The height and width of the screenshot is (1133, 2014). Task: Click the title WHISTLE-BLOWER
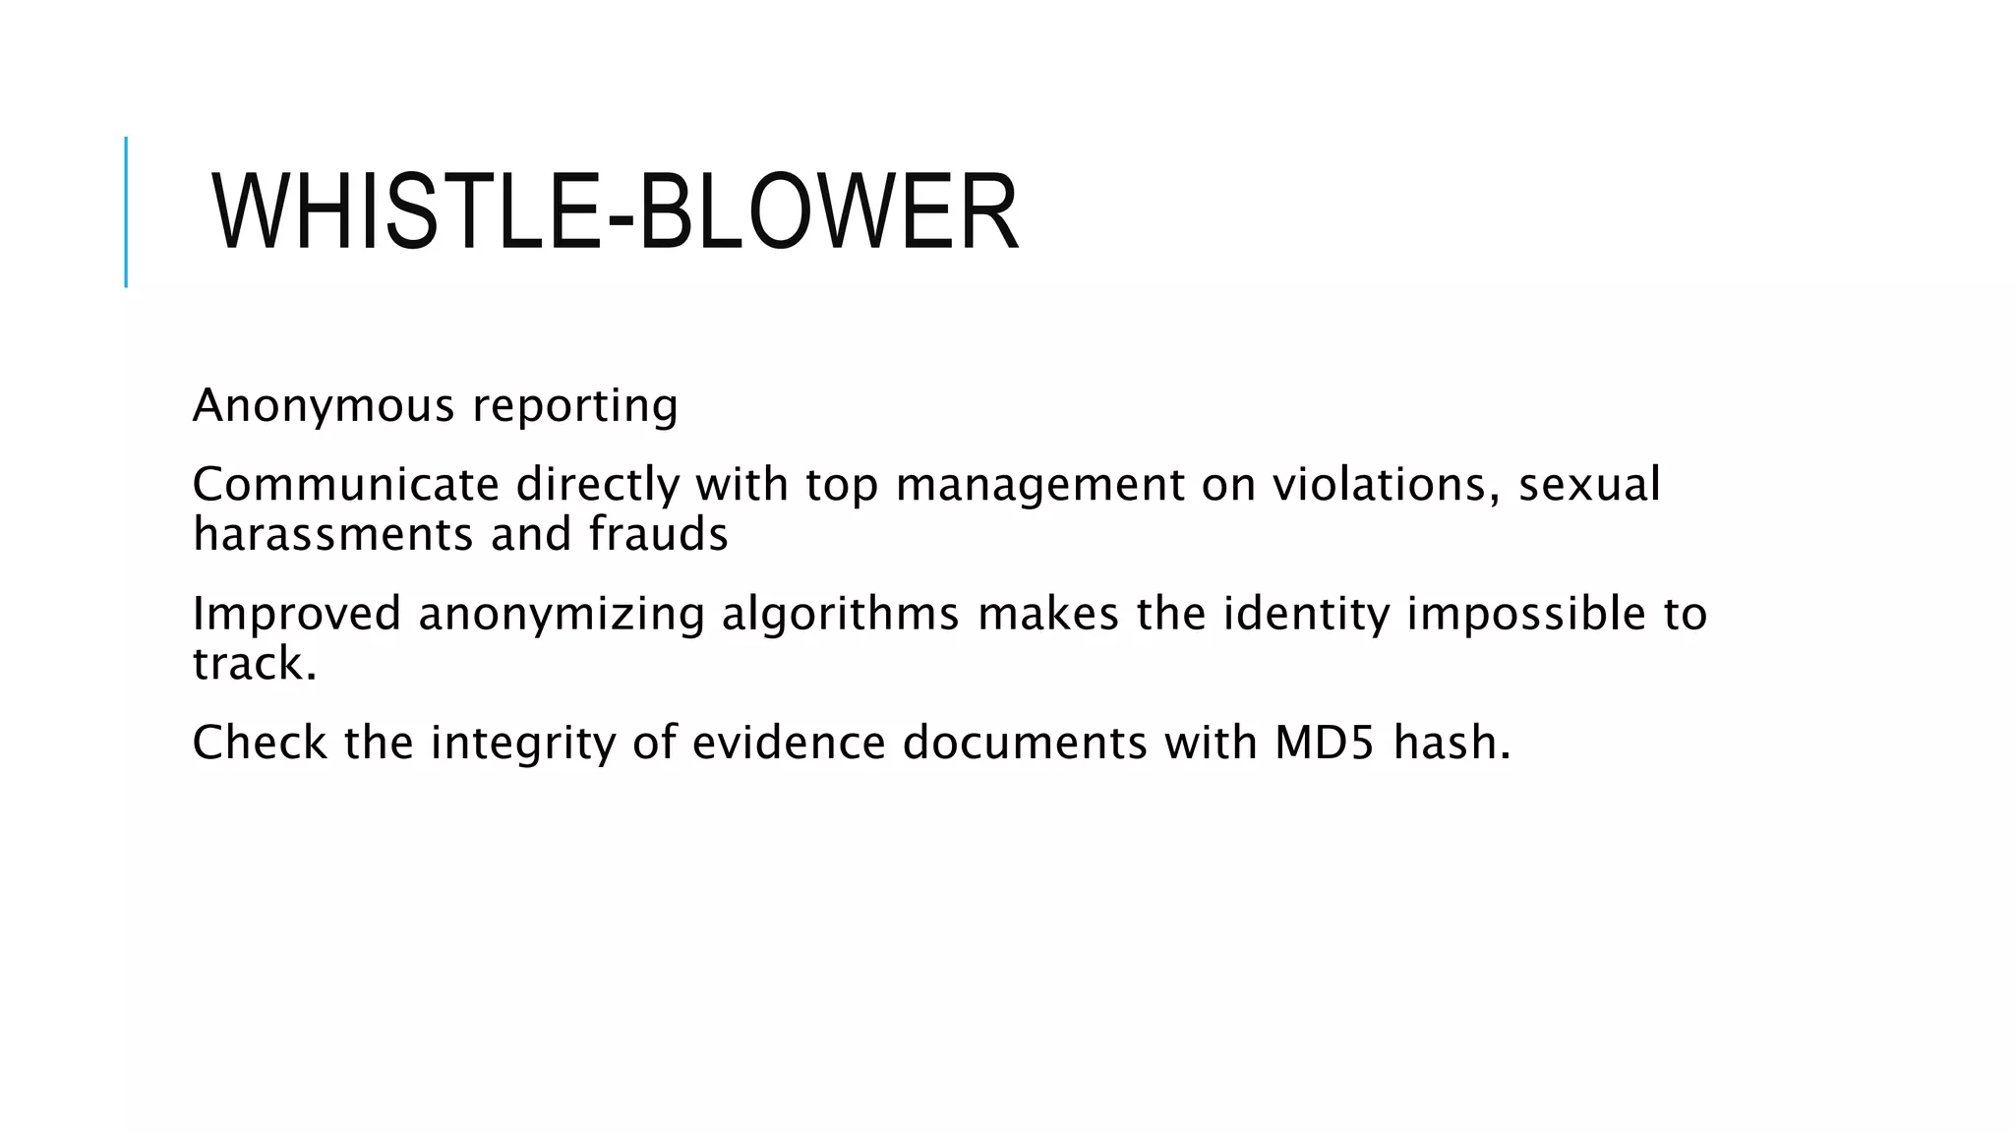615,212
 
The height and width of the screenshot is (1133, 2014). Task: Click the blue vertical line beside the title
126,212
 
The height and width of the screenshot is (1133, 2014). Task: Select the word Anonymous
324,405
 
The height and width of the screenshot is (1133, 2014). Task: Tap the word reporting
575,405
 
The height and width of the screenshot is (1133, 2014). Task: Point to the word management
1040,484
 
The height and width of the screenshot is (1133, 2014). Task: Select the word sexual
1589,484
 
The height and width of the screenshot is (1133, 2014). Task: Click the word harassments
333,534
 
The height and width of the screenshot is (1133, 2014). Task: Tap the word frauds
658,534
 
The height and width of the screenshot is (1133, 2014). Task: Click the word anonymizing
562,613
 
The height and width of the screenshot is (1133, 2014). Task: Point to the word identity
1307,613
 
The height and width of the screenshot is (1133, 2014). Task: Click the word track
255,663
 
